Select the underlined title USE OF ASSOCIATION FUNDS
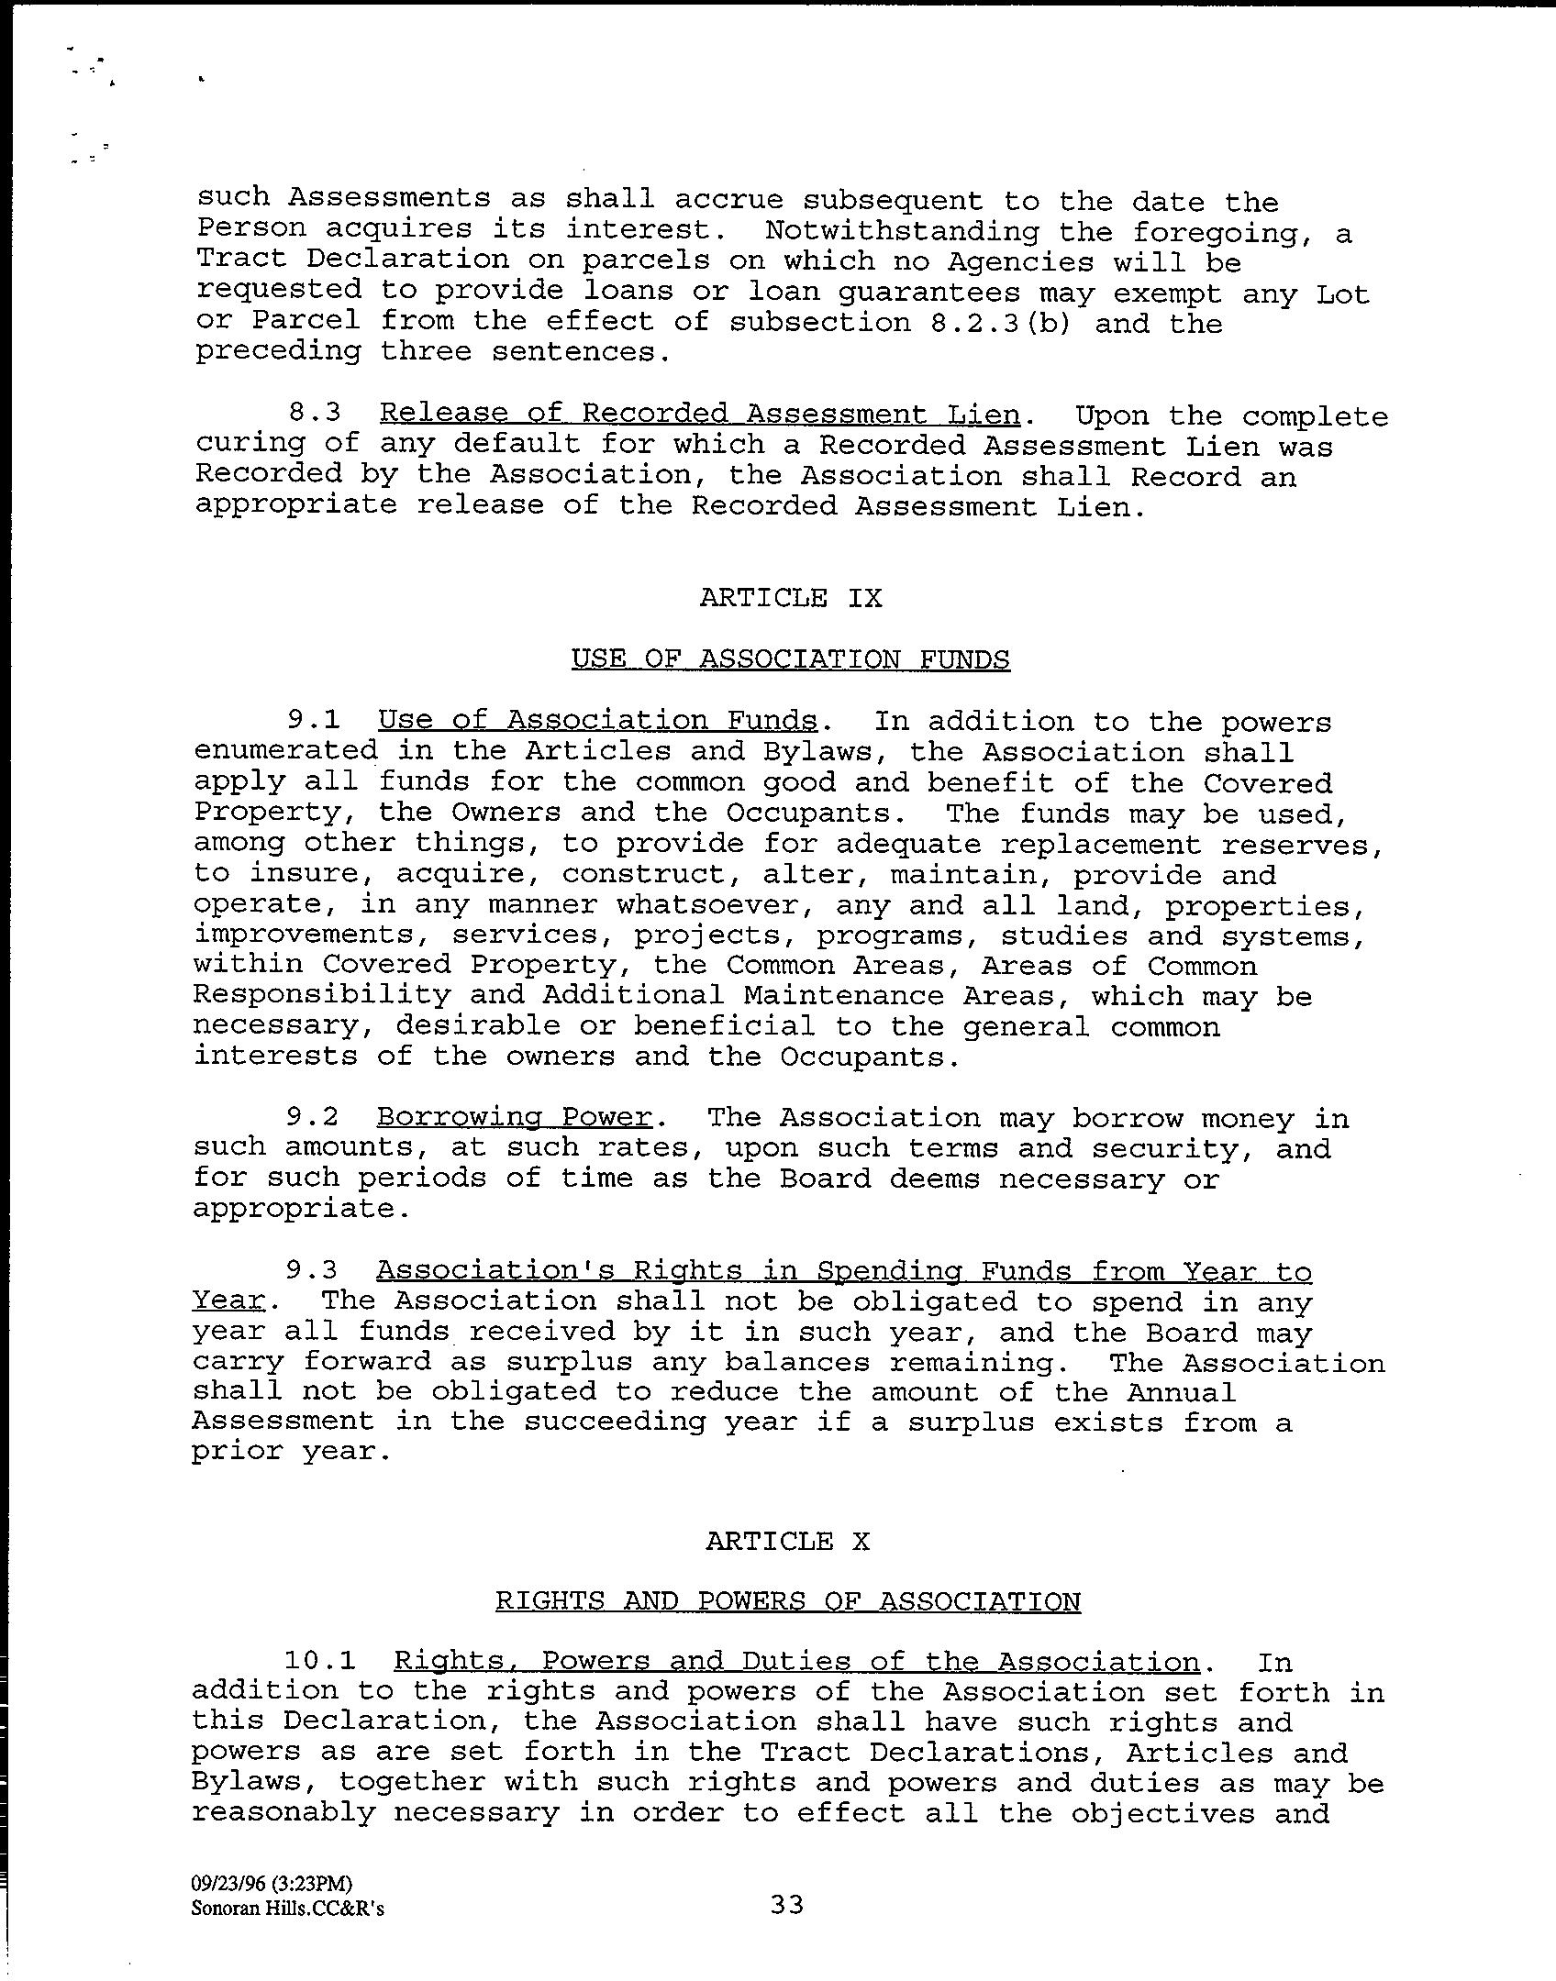pyautogui.click(x=790, y=659)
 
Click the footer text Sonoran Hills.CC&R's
pyautogui.click(x=288, y=1909)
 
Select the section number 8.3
pyautogui.click(x=314, y=414)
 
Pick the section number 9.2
pyautogui.click(x=312, y=1117)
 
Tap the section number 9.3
pyautogui.click(x=312, y=1270)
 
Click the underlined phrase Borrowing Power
pyautogui.click(x=514, y=1117)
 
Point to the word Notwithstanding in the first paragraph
pyautogui.click(x=902, y=231)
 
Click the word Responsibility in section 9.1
pyautogui.click(x=322, y=995)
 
